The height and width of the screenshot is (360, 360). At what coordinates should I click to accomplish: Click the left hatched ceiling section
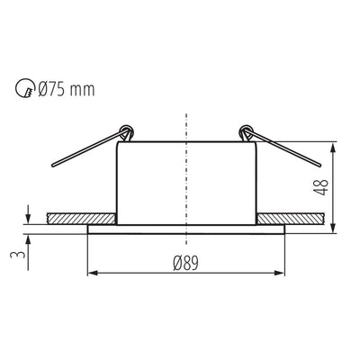pyautogui.click(x=81, y=218)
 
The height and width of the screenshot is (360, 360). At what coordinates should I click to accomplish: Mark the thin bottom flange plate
pyautogui.click(x=185, y=229)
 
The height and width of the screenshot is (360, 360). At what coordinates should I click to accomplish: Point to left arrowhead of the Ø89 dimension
pyautogui.click(x=91, y=273)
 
